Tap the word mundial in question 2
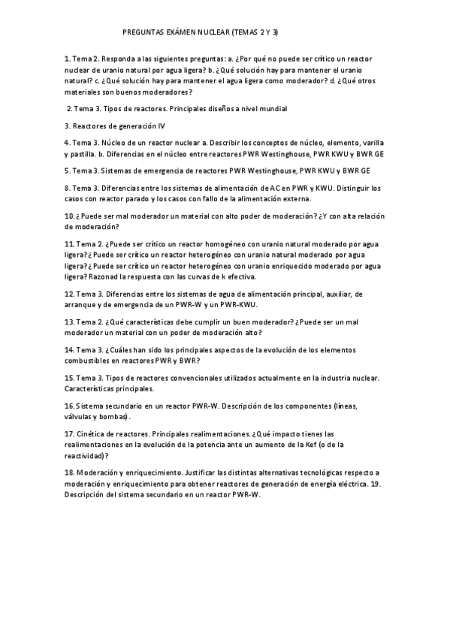point(272,109)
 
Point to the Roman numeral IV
point(171,125)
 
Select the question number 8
point(68,187)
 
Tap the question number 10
point(69,216)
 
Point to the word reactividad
point(84,456)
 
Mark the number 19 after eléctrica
point(377,485)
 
